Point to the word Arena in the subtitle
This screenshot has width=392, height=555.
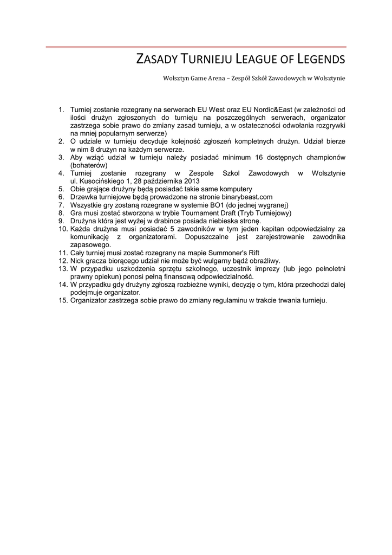tap(216, 79)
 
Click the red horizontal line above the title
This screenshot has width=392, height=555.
tap(196, 47)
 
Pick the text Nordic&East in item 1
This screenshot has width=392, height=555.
tap(275, 110)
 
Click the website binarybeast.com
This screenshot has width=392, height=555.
tap(242, 197)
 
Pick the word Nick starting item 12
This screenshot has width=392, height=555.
tap(77, 260)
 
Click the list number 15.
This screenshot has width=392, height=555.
tap(62, 300)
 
